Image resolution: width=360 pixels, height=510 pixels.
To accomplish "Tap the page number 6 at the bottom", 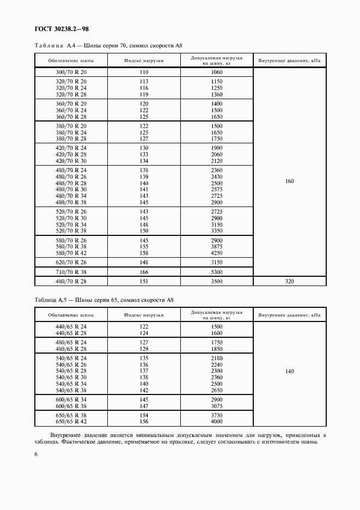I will (36, 460).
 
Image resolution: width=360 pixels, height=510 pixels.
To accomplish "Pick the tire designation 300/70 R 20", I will (71, 72).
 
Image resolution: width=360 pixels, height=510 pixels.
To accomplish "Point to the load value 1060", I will (216, 72).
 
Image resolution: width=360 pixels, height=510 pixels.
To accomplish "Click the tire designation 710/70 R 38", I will (71, 271).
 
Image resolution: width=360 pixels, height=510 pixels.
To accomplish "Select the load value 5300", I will (216, 271).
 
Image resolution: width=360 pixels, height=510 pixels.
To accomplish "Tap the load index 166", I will (144, 271).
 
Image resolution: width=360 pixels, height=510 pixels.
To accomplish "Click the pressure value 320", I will (289, 281).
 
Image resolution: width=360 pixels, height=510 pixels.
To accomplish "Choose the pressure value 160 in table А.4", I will (289, 181).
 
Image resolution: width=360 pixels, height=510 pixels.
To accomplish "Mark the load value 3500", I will (216, 281).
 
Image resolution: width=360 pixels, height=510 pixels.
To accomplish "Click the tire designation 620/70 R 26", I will (71, 262).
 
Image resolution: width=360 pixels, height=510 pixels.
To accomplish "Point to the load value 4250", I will (216, 252).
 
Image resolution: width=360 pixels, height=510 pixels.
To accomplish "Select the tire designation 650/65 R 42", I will (71, 421).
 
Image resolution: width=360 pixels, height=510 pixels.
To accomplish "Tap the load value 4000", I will (216, 421).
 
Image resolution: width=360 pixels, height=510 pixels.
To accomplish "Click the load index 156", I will (144, 421).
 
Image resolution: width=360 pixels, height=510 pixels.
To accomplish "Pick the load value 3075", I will (216, 405).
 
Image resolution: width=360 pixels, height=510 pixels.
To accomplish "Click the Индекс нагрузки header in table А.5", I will (144, 314).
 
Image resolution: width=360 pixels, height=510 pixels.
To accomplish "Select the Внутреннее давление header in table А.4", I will (289, 60).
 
